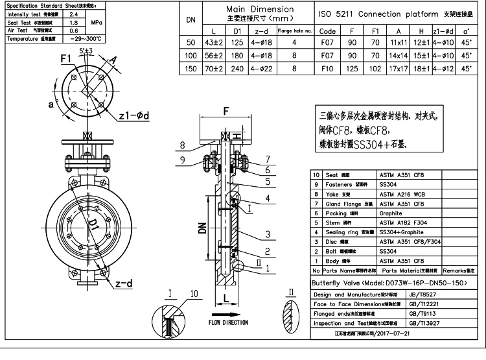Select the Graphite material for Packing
click(391, 213)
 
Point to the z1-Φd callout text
click(135, 115)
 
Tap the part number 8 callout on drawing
click(183, 145)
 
